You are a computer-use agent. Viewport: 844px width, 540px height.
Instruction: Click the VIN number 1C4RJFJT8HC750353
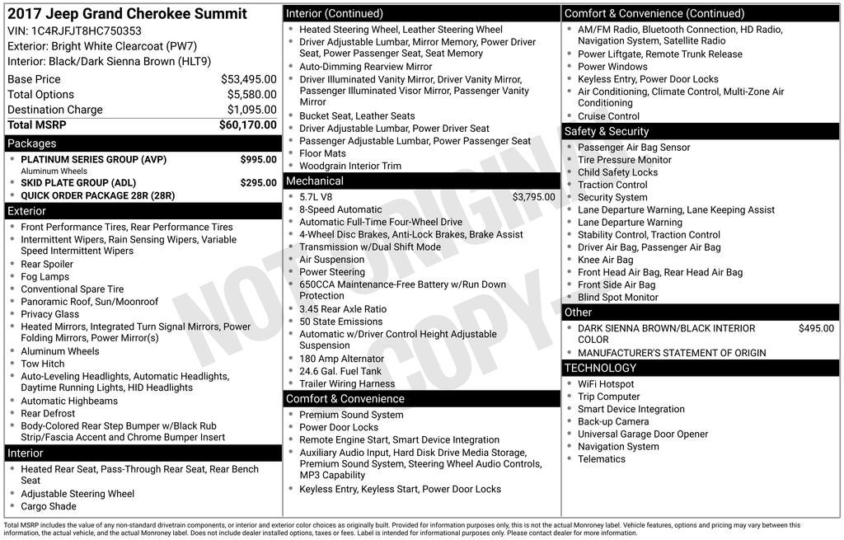pos(87,31)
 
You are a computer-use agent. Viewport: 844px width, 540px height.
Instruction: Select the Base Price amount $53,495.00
pos(248,79)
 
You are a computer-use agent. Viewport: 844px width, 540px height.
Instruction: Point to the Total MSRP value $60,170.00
pos(247,124)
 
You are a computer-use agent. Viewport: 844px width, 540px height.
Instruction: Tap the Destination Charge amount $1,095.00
pos(251,110)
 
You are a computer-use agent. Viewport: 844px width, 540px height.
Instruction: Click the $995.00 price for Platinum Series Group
pos(258,159)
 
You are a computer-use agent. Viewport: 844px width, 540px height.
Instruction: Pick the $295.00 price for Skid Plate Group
pos(258,183)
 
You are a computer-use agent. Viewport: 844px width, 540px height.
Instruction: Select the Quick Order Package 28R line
pos(97,195)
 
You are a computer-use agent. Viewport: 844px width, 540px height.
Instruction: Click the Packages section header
pos(32,143)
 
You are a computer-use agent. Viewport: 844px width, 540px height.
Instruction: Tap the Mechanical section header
pos(315,181)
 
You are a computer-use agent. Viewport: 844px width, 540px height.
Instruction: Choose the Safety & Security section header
pos(607,131)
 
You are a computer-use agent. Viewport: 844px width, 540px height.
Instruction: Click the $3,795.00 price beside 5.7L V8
pos(533,197)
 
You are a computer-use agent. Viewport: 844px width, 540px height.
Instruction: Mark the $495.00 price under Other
pos(816,328)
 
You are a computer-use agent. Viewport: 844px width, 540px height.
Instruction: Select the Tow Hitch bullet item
pos(43,364)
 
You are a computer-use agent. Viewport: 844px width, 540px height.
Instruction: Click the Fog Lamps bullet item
pos(45,277)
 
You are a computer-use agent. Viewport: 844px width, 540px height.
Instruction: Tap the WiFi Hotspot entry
pos(606,384)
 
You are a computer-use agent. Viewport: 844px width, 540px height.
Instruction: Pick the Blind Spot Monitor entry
pos(618,297)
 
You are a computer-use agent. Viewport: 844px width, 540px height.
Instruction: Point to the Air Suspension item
pos(331,260)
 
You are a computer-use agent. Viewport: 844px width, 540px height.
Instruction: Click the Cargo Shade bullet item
pos(49,506)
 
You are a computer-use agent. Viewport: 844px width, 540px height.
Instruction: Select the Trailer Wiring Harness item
pos(347,383)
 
